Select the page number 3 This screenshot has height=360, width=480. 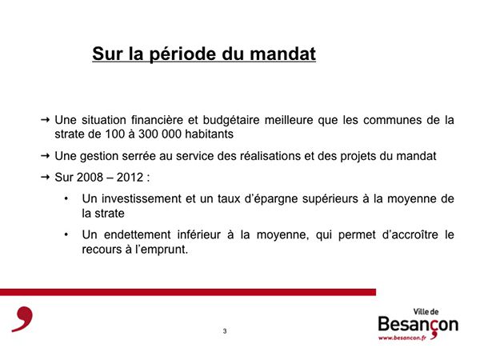(x=225, y=331)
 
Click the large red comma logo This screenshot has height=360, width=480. (x=22, y=319)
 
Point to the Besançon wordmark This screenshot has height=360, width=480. (x=418, y=325)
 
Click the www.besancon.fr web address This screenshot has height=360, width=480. (x=402, y=338)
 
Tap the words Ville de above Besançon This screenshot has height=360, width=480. (x=426, y=312)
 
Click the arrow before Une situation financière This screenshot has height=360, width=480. (x=45, y=120)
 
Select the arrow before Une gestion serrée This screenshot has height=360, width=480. (x=45, y=156)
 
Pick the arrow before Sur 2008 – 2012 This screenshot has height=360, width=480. (x=45, y=177)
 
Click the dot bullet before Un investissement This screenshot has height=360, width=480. (x=66, y=198)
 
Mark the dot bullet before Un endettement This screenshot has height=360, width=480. (x=66, y=234)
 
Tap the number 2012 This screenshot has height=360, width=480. (x=130, y=178)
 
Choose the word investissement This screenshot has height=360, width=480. (x=142, y=199)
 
